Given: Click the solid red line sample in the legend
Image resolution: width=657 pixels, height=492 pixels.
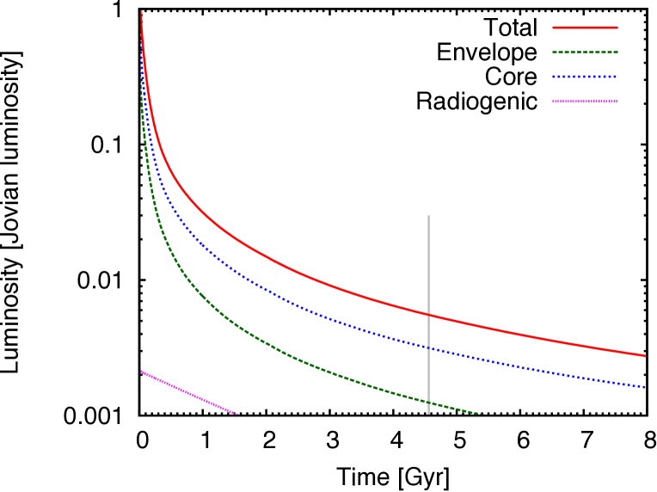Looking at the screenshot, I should click(585, 28).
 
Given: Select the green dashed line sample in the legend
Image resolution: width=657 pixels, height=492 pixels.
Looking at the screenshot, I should click(585, 52).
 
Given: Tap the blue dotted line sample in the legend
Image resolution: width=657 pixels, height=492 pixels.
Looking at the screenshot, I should click(585, 77).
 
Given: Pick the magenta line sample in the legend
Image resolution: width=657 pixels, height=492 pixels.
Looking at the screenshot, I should click(585, 101).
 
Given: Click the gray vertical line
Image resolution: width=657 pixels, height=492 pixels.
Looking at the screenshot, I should click(428, 258).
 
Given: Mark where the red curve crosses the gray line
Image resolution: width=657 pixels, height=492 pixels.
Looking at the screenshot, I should click(428, 315).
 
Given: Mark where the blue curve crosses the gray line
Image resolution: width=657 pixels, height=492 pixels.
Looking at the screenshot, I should click(428, 347).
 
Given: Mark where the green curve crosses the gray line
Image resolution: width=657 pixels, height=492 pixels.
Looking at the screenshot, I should click(428, 402).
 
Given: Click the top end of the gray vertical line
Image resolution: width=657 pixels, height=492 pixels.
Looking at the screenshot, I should click(428, 216).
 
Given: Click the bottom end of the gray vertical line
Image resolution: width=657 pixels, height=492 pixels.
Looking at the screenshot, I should click(428, 414).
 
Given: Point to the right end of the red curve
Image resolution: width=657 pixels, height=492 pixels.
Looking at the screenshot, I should click(645, 355).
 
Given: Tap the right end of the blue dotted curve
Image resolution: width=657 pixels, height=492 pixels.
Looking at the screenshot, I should click(645, 387).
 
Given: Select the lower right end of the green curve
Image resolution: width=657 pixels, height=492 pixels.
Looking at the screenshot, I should click(483, 414).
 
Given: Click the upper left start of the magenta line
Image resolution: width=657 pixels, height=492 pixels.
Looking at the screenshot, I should click(142, 372).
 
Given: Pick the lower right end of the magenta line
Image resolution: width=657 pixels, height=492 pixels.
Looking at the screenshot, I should click(236, 414).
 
